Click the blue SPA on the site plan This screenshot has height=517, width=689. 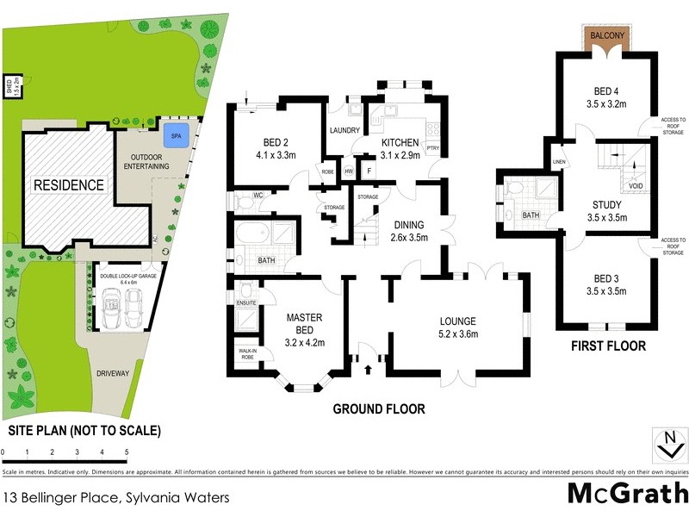click(x=177, y=136)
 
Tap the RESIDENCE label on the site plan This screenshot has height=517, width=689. click(x=68, y=184)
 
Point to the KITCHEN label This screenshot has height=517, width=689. click(x=399, y=142)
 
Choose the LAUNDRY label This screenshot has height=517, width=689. click(x=345, y=131)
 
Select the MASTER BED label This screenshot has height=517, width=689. click(x=303, y=323)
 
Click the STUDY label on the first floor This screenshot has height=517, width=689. click(x=606, y=204)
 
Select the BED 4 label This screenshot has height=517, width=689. click(x=606, y=91)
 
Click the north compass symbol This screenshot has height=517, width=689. click(x=666, y=445)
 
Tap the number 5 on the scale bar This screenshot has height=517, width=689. click(x=127, y=452)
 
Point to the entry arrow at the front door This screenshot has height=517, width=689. click(x=369, y=371)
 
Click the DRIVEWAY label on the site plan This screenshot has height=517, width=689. click(x=113, y=373)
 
